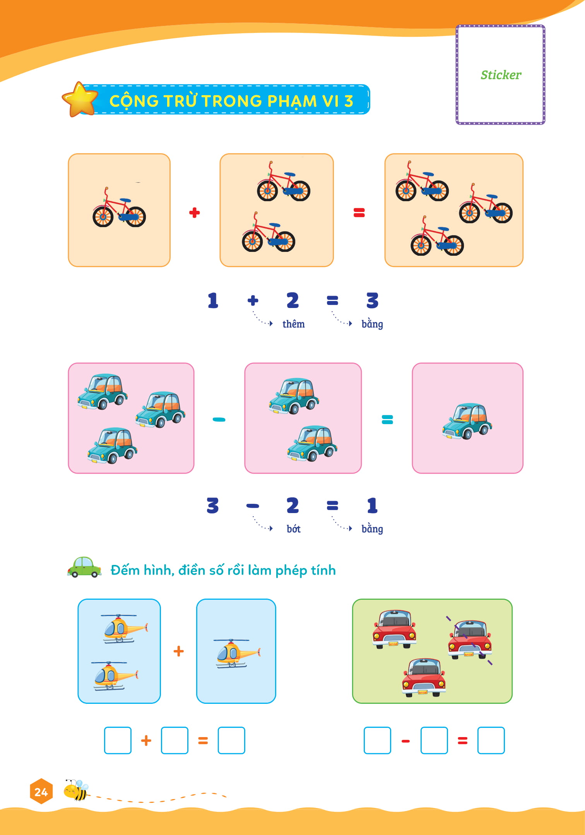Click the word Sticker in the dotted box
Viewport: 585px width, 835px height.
501,75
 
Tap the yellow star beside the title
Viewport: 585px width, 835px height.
80,99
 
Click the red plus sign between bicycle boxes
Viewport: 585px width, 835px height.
194,212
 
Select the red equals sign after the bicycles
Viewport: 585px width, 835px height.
359,212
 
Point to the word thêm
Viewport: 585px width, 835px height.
293,324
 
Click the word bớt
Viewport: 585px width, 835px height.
293,529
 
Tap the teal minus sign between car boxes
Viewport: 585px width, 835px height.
219,419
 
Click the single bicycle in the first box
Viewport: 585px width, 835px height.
119,209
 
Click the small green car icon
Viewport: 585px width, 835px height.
84,567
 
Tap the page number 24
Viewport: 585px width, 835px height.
41,792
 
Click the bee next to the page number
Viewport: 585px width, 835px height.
76,790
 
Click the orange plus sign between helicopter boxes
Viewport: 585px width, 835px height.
178,651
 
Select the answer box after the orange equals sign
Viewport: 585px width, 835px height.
231,740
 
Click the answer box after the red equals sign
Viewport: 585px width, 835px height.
491,740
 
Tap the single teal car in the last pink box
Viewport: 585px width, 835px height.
467,421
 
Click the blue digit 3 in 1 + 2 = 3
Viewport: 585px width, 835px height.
372,300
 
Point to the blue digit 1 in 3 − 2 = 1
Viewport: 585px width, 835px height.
372,505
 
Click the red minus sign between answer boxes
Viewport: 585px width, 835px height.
405,741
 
